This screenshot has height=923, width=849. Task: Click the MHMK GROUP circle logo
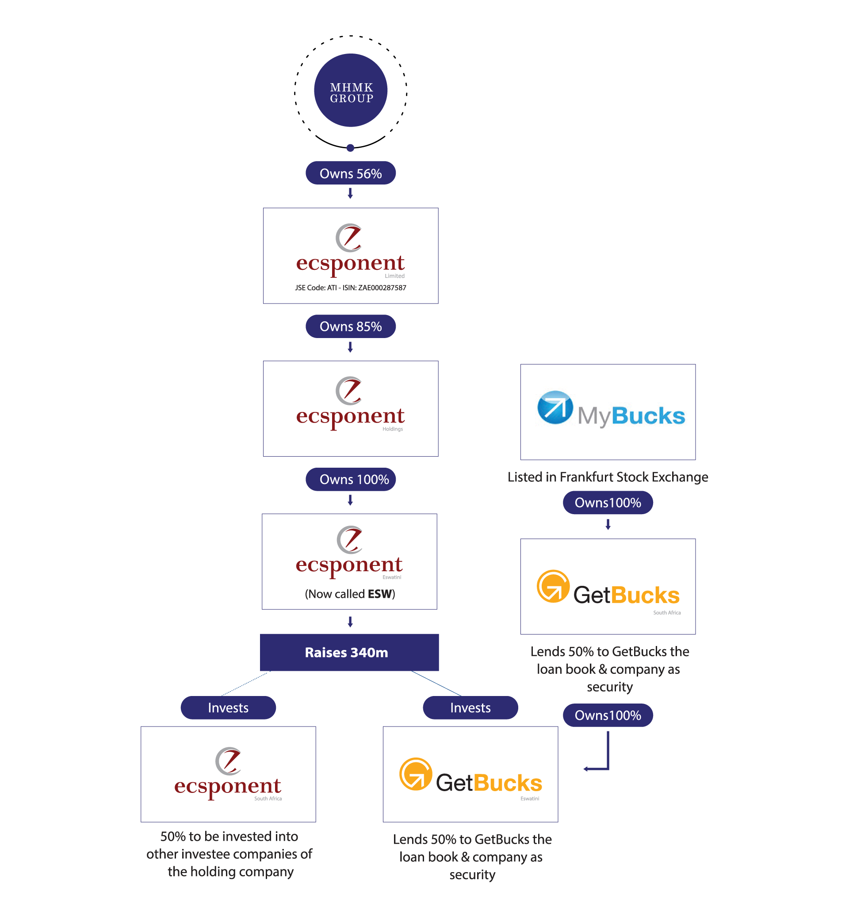pos(351,91)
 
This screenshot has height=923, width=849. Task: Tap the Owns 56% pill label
pos(351,173)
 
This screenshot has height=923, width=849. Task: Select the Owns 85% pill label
pos(351,327)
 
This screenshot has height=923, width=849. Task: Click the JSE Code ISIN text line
pos(351,288)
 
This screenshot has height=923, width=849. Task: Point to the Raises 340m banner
pos(349,652)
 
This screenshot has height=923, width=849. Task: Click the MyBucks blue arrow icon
pos(555,407)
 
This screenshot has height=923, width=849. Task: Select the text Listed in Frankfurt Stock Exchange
pos(608,477)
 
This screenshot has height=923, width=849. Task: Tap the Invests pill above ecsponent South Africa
pos(228,708)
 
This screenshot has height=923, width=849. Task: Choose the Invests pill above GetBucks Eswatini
pos(470,708)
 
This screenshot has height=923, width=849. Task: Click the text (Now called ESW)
pos(350,594)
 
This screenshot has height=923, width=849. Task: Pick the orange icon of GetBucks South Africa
pos(553,586)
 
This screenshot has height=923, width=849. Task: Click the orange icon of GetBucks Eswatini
pos(415,774)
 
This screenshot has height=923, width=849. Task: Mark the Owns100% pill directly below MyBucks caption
pos(608,502)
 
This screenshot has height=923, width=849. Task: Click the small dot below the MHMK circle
pos(351,147)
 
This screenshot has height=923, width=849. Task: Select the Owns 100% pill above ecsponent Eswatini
pos(351,480)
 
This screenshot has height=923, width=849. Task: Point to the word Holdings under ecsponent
pos(393,429)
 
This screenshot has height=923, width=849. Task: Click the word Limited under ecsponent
pos(394,276)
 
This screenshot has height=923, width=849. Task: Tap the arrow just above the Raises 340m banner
pos(350,622)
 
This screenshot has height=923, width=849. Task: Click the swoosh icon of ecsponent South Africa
pos(228,761)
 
